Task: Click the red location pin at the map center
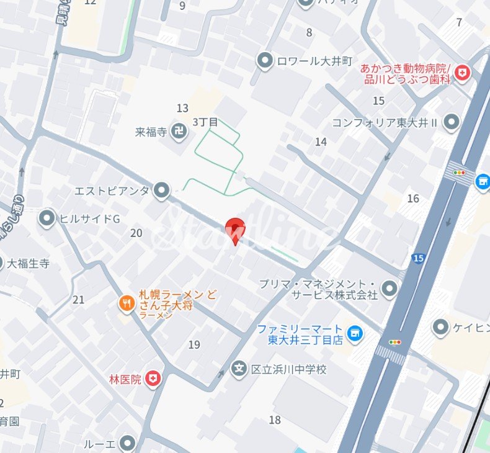coord(235,230)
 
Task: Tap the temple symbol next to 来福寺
coord(179,132)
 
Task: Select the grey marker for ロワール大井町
coord(265,61)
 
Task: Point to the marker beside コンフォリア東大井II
coord(452,122)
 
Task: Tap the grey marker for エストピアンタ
coord(162,191)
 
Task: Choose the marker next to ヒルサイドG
coord(47,218)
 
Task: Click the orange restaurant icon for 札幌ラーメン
coord(127,303)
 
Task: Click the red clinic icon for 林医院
coord(153,378)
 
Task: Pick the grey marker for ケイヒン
coord(441,326)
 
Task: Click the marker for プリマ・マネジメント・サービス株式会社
coord(390,288)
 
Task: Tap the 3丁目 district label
coord(205,122)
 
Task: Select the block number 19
coord(194,345)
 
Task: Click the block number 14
coord(321,142)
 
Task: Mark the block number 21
coord(78,300)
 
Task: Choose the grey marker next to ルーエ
coord(127,444)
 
